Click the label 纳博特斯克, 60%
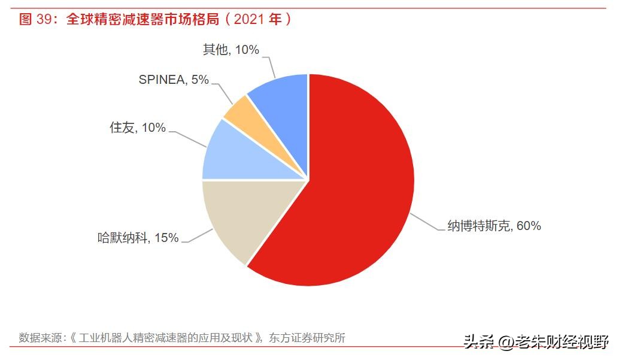tap(494, 226)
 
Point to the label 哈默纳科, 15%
tap(138, 238)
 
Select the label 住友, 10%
tap(137, 128)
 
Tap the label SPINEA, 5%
tap(174, 80)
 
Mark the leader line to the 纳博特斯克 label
tap(428, 222)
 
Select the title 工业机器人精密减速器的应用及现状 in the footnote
tap(165, 338)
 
